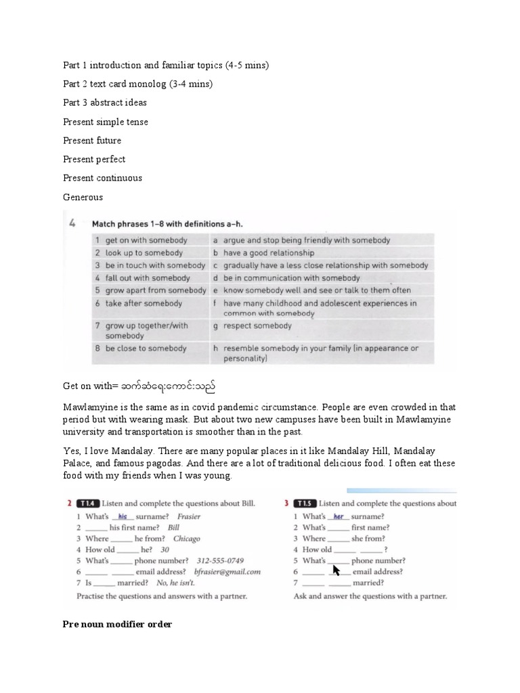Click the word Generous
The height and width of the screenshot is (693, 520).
(x=83, y=197)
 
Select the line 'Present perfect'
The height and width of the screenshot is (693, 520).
(x=94, y=159)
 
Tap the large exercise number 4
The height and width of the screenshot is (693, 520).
(x=71, y=223)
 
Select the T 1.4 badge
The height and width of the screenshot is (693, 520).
(x=89, y=504)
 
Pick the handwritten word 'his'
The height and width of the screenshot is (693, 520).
(x=123, y=516)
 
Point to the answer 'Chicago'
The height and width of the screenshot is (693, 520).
(x=186, y=539)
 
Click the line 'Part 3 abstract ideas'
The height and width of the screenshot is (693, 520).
(x=105, y=103)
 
